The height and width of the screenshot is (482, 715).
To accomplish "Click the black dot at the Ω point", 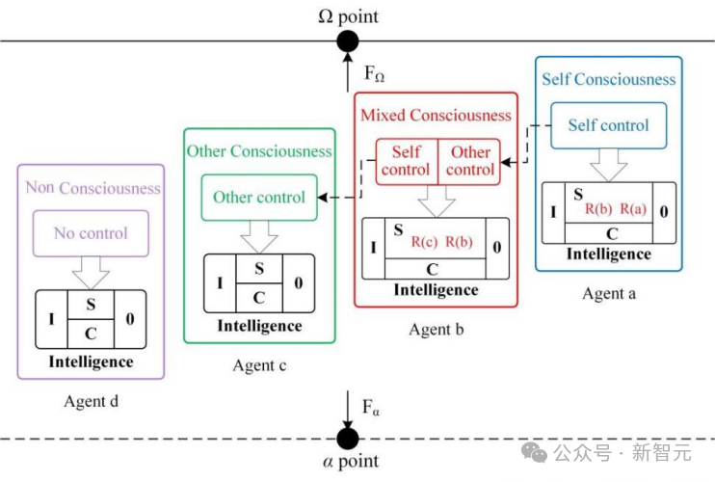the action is pyautogui.click(x=348, y=41).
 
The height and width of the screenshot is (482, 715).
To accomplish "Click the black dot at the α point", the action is pyautogui.click(x=348, y=439).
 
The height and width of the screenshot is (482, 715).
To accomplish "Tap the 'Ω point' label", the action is pyautogui.click(x=348, y=16).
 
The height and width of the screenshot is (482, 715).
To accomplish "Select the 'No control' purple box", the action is pyautogui.click(x=91, y=233).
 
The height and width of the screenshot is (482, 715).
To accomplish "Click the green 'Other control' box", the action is pyautogui.click(x=259, y=198).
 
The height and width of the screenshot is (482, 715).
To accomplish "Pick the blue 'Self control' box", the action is pyautogui.click(x=608, y=125).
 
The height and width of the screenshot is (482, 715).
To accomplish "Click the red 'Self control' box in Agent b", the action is pyautogui.click(x=407, y=161).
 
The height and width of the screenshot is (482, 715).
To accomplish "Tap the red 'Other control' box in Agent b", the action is pyautogui.click(x=469, y=161).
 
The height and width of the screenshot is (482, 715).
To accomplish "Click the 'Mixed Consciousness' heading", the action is pyautogui.click(x=436, y=115).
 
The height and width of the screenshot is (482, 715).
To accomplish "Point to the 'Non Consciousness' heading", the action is pyautogui.click(x=93, y=187).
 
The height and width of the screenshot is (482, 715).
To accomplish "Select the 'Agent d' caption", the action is pyautogui.click(x=92, y=401).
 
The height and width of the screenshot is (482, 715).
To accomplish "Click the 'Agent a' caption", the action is pyautogui.click(x=609, y=293).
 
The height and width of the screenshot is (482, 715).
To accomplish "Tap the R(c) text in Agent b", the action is pyautogui.click(x=424, y=242).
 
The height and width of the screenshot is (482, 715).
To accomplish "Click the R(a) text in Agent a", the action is pyautogui.click(x=633, y=209).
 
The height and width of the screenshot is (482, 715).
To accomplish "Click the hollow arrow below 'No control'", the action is pyautogui.click(x=91, y=272).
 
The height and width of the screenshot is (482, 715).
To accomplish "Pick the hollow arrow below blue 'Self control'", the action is pyautogui.click(x=608, y=165).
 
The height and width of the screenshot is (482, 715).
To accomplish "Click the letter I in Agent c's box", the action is pyautogui.click(x=220, y=283).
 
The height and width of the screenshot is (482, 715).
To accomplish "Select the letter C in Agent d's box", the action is pyautogui.click(x=91, y=334).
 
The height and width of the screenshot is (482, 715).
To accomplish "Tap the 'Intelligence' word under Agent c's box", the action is pyautogui.click(x=259, y=326).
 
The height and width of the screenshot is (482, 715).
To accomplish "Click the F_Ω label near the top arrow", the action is pyautogui.click(x=374, y=73).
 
